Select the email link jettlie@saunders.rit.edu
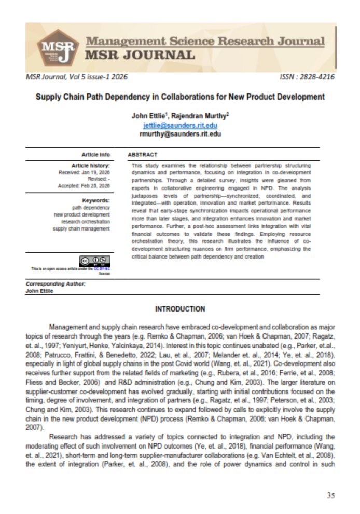click(180, 125)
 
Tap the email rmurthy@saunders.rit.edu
click(180, 133)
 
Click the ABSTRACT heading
click(142, 155)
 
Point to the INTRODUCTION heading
click(180, 309)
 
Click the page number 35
click(330, 495)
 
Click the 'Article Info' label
click(95, 155)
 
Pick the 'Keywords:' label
click(96, 200)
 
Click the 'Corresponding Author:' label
click(56, 284)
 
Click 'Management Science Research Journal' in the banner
click(205, 41)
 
